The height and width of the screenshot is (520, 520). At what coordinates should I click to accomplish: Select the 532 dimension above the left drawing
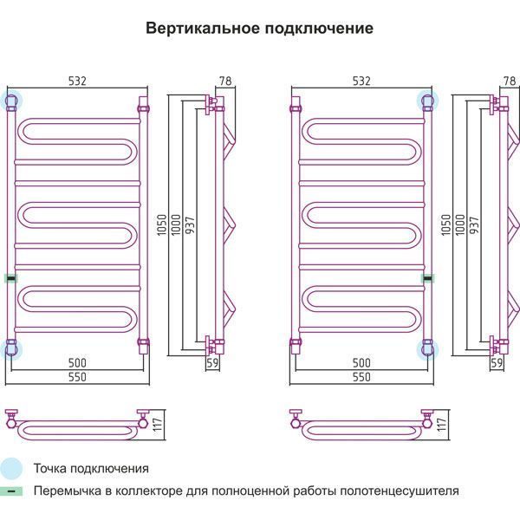tap(77, 81)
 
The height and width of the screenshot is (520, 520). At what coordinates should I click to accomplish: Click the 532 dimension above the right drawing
tap(361, 81)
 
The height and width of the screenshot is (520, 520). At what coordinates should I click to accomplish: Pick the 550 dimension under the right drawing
tap(361, 378)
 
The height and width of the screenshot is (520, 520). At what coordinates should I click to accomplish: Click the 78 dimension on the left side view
tap(225, 81)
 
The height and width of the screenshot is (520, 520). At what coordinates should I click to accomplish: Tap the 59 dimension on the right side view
tap(497, 363)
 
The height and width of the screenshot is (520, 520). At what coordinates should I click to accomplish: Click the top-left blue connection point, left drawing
tap(11, 101)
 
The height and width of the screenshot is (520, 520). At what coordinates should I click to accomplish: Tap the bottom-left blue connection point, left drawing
tap(11, 349)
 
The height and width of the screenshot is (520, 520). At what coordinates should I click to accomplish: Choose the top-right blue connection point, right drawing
tap(426, 101)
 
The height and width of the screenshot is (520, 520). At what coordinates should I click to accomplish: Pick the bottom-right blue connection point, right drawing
tap(426, 349)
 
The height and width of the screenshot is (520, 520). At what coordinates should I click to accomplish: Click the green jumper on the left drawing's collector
tap(10, 278)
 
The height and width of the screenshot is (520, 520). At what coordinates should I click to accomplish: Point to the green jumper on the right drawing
tap(427, 278)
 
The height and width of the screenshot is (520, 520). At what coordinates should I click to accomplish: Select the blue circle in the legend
tap(11, 469)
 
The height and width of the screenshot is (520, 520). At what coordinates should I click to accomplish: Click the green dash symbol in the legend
tap(11, 491)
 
